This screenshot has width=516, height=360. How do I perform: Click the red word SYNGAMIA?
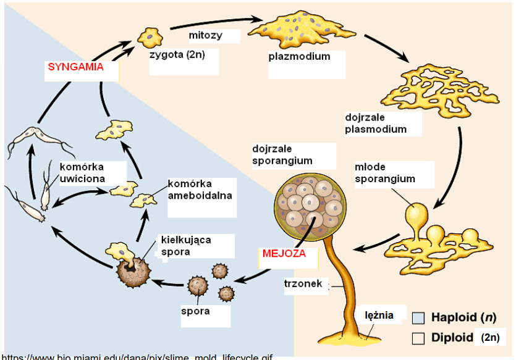pos(75,67)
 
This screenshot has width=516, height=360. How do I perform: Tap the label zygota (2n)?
pos(177,54)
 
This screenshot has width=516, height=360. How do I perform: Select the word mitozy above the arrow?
pos(205,35)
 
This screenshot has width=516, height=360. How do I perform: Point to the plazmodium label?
pos(299,56)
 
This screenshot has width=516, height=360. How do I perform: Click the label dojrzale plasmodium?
pos(375,123)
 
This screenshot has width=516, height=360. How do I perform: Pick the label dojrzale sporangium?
pos(282,154)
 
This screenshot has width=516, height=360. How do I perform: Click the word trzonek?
pos(305,285)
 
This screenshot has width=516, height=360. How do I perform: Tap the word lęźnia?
pos(378,315)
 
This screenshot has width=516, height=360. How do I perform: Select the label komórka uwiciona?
pos(82,173)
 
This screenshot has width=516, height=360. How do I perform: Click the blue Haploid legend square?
pos(418,318)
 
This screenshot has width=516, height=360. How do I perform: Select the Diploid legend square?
pos(418,338)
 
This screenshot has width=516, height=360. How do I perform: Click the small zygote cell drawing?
pos(149,36)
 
